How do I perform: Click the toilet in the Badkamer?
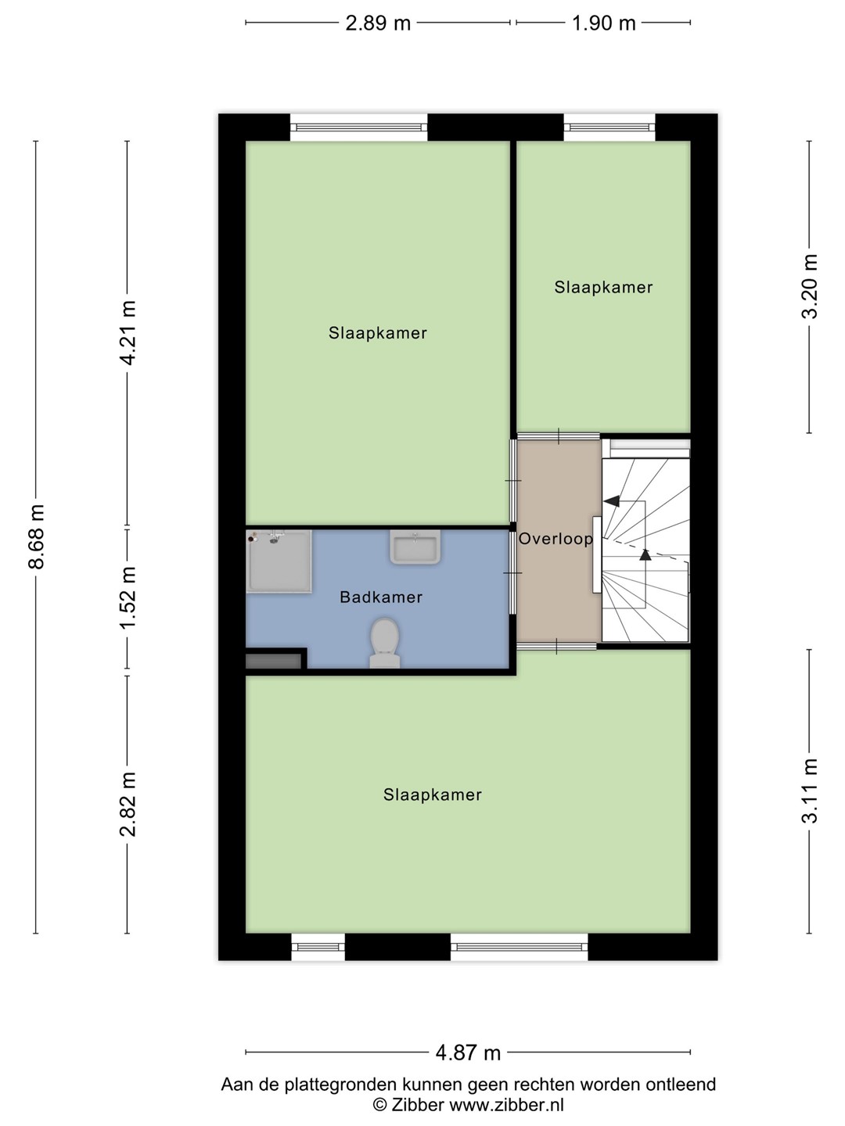point(385,643)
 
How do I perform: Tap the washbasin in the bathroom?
point(415,547)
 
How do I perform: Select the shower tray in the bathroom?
point(279,561)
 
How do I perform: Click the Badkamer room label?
point(381,597)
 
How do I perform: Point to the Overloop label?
point(556,539)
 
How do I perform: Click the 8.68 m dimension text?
point(37,536)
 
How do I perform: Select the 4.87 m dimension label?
point(468,1052)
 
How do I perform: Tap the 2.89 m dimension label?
point(378,23)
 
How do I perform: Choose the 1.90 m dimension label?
point(604,23)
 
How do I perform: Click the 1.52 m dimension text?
point(128,597)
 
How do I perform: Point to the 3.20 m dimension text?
point(810,286)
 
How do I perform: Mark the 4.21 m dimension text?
point(128,333)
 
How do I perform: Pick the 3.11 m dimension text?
point(810,791)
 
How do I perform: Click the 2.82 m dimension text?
point(128,804)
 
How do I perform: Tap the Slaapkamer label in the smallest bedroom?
point(603,287)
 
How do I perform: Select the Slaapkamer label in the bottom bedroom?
point(433,794)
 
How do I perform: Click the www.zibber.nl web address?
point(506,1104)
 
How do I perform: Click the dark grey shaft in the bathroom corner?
point(274,661)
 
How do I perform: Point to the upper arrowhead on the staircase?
point(612,501)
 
